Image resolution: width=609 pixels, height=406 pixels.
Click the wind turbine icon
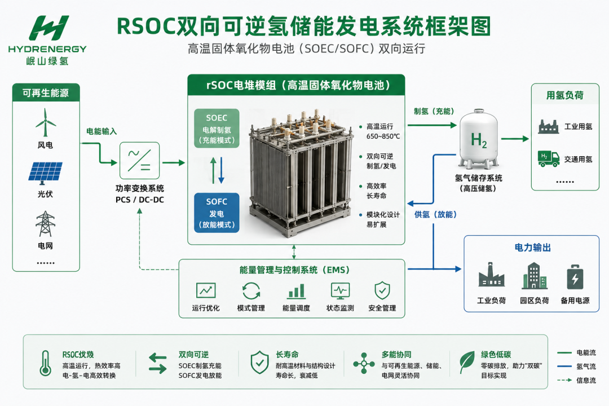point(46,122)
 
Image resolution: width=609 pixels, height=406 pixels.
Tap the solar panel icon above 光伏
point(45,173)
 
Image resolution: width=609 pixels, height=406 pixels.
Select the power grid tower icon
point(46,224)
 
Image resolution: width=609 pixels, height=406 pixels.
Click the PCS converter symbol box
point(139,161)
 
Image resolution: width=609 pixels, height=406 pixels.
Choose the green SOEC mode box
point(217,128)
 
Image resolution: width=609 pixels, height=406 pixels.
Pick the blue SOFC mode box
point(217,213)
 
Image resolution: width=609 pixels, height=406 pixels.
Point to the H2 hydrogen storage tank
point(479,139)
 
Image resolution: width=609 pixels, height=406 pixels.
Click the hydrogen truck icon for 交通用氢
point(549,158)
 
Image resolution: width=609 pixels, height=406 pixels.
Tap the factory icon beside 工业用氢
point(549,126)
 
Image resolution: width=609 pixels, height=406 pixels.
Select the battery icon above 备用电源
point(575,277)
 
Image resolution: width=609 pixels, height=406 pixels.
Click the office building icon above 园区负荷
point(534,276)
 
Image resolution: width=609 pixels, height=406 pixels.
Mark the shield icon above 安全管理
point(382,290)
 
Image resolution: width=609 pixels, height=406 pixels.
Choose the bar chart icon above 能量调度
point(296,291)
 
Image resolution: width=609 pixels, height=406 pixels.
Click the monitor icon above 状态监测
point(340,290)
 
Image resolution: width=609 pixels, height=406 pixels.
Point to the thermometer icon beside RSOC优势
point(46,363)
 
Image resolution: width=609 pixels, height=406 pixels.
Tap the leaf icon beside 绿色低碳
point(467,362)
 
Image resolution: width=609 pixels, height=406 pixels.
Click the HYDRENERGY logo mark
point(49,28)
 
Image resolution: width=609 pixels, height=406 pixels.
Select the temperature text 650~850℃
point(383,136)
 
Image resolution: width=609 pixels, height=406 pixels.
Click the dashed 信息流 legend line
point(564,380)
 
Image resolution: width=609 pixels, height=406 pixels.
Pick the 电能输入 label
point(101,131)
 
